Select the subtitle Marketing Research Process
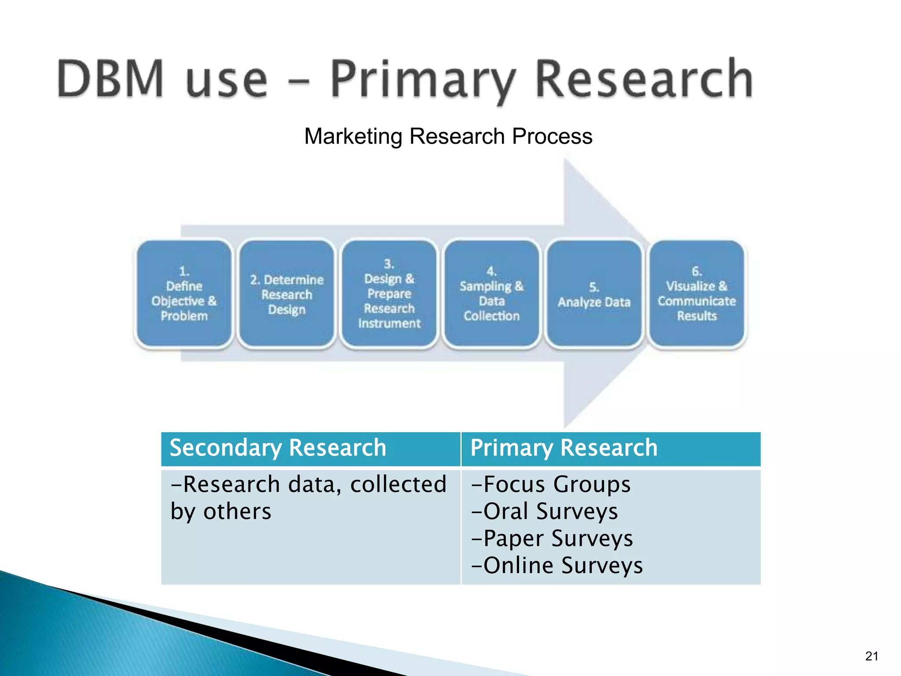point(448,136)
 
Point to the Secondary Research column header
point(278,448)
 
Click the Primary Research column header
point(564,448)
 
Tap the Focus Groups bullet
point(551,485)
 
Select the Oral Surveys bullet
point(545,511)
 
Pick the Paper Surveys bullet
point(552,539)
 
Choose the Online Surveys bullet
point(557,566)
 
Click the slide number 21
point(872,656)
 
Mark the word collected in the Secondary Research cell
point(398,485)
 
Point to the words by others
point(221,512)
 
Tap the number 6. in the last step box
point(696,271)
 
